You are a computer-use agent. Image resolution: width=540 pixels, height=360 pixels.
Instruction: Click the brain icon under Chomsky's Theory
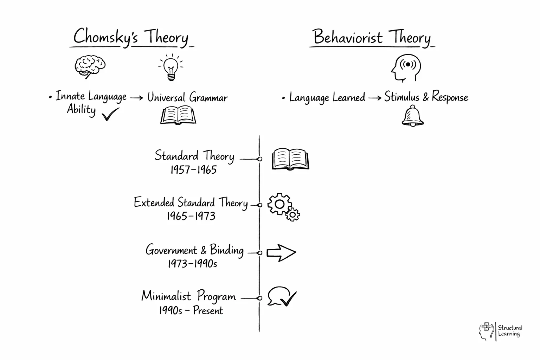[90, 67]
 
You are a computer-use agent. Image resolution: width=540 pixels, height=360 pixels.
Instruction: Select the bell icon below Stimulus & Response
[412, 116]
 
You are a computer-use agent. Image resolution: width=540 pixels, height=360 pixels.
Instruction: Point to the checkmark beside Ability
[110, 114]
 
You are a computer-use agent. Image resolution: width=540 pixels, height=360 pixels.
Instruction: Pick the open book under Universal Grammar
[178, 115]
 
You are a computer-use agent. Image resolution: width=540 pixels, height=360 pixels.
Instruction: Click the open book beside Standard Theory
[290, 159]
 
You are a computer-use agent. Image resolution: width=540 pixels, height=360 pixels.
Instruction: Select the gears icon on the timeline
[283, 207]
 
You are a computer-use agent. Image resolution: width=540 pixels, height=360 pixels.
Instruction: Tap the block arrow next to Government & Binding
[281, 253]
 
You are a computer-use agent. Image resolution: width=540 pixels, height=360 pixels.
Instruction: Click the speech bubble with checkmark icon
[282, 297]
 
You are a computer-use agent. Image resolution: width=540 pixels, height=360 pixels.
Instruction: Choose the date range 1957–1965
[193, 170]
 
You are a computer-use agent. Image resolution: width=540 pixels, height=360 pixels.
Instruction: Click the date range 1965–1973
[191, 216]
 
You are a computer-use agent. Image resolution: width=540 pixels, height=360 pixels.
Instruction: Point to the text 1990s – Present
[191, 310]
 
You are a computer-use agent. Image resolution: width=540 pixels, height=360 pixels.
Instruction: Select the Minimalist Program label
[188, 296]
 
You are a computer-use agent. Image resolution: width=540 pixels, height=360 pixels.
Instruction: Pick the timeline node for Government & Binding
[260, 253]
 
